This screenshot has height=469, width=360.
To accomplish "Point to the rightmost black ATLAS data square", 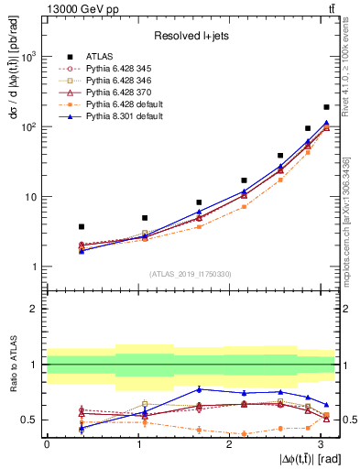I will (326, 107).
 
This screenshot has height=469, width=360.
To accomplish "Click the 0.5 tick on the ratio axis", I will (30, 420).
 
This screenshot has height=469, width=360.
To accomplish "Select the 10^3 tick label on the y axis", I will (28, 57).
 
